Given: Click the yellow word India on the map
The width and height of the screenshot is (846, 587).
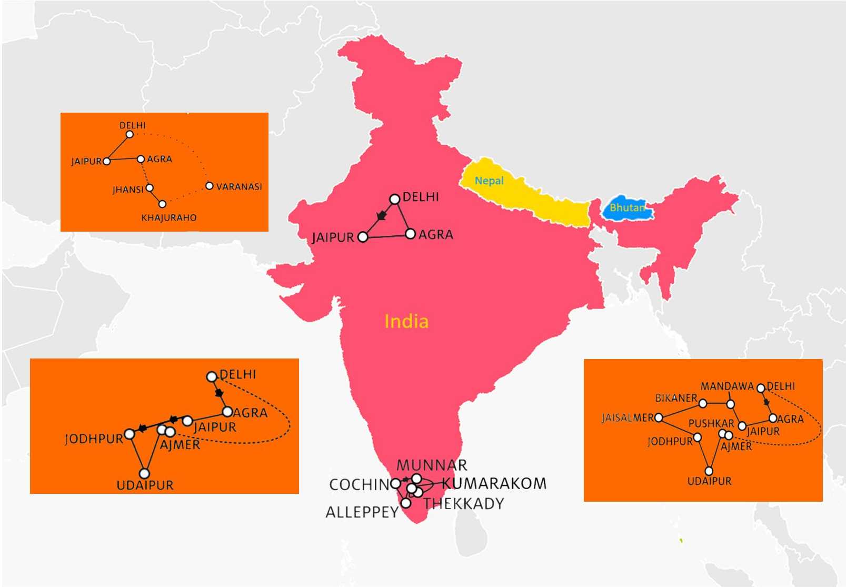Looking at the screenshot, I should pyautogui.click(x=406, y=321).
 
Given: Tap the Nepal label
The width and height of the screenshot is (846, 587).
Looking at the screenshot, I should pyautogui.click(x=489, y=181).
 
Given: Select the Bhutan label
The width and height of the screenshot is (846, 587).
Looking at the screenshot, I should pyautogui.click(x=627, y=208).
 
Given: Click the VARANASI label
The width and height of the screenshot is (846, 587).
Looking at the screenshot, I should pyautogui.click(x=239, y=187).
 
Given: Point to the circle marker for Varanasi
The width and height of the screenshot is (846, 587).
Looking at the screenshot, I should pyautogui.click(x=210, y=186).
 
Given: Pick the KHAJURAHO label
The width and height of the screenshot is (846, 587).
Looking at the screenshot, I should pyautogui.click(x=169, y=217).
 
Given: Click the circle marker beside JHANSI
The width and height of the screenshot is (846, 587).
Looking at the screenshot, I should pyautogui.click(x=150, y=188).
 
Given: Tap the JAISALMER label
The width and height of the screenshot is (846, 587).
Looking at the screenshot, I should pyautogui.click(x=628, y=418).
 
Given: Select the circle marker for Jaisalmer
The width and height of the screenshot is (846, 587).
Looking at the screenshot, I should pyautogui.click(x=659, y=418).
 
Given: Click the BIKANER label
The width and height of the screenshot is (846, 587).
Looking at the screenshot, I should pyautogui.click(x=676, y=399).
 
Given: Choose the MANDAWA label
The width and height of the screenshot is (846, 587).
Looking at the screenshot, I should pyautogui.click(x=727, y=386).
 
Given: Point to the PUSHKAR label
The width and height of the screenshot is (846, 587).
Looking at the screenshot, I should pyautogui.click(x=711, y=424).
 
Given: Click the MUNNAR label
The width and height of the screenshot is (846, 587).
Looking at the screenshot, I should pyautogui.click(x=432, y=465).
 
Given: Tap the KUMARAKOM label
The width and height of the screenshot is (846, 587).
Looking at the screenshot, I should pyautogui.click(x=494, y=483).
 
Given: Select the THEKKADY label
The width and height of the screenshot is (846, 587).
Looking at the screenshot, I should pyautogui.click(x=464, y=504).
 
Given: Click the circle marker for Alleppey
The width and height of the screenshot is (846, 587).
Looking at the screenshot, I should pyautogui.click(x=406, y=503).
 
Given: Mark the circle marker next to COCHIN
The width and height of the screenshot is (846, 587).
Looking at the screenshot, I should pyautogui.click(x=395, y=483).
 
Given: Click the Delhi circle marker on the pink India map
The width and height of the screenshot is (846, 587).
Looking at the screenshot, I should pyautogui.click(x=394, y=199).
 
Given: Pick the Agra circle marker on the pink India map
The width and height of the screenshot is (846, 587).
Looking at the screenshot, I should pyautogui.click(x=410, y=234).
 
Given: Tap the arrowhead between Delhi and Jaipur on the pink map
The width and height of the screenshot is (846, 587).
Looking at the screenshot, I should pyautogui.click(x=382, y=215).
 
